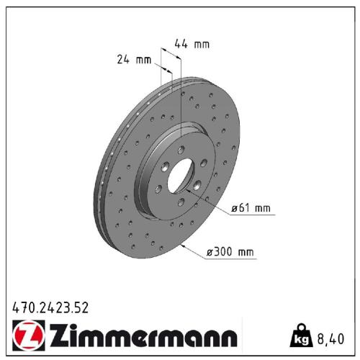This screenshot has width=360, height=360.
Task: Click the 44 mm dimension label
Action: click(192, 45)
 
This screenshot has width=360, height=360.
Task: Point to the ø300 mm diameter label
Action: click(230, 252)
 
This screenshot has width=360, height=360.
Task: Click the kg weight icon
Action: click(300, 335)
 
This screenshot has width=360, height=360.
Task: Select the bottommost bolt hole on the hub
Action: click(180, 204)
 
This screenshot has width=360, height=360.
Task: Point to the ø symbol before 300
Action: click(210, 252)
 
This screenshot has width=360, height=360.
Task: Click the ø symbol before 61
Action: click(233, 209)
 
